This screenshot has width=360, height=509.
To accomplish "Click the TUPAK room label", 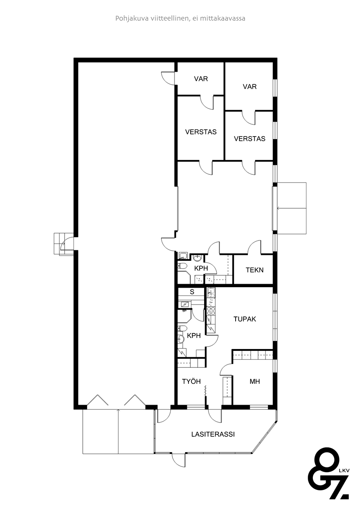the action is click(245, 319).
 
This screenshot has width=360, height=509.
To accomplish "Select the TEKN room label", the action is click(254, 270).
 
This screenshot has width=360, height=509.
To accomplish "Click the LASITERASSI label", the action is click(213, 434).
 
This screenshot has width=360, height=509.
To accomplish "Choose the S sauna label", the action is click(192, 292).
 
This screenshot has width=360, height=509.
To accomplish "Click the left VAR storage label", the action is click(201, 78).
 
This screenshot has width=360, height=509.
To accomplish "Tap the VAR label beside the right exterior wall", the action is click(250, 87).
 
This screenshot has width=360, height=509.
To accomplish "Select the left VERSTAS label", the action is click(201, 132).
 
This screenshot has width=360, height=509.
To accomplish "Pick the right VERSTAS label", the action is click(250, 139).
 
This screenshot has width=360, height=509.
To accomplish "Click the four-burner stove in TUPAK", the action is click(211, 311).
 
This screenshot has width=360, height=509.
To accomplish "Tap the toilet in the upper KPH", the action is click(182, 266).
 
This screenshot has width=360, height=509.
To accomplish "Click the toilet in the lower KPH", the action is click(182, 328).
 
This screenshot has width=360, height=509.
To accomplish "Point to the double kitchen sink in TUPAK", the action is click(211, 293).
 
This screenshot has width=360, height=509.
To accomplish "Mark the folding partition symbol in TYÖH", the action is click(205, 391).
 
